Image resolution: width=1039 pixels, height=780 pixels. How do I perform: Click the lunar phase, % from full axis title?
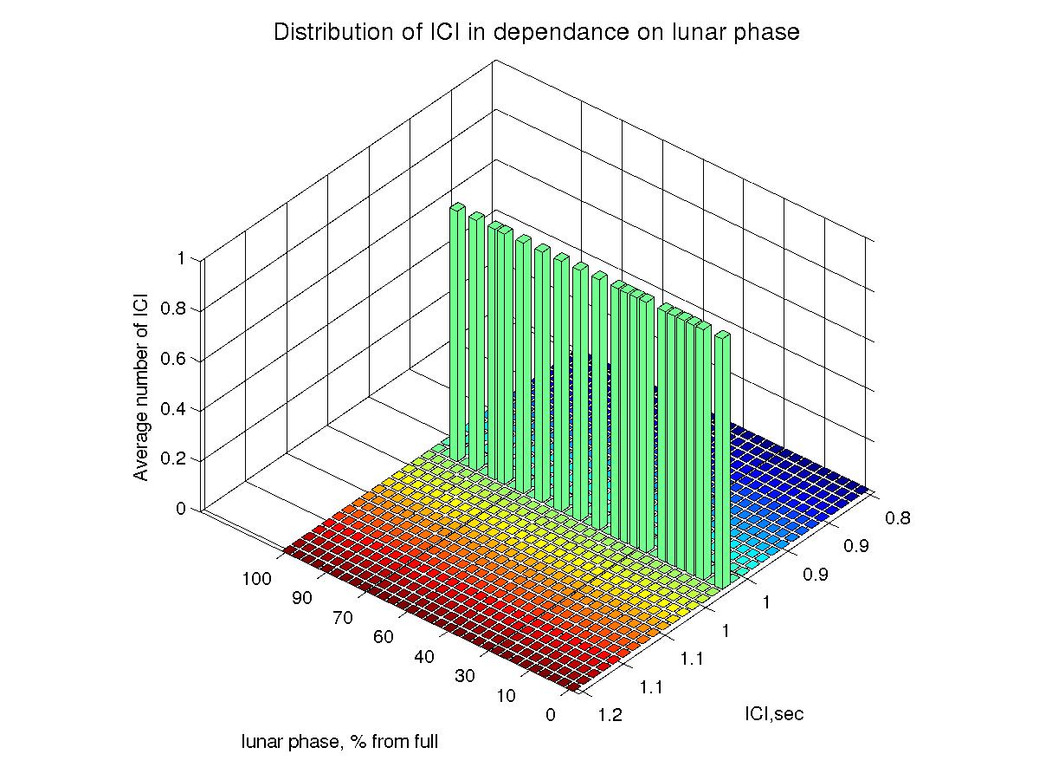340,742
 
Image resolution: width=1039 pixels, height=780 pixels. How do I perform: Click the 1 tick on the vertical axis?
181,258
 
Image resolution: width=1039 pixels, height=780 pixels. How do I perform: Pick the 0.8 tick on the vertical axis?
176,309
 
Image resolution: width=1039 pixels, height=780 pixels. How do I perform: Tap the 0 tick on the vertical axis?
181,509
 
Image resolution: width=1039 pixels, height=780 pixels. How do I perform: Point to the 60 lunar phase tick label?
384,637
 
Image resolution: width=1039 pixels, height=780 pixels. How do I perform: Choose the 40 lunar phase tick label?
424,657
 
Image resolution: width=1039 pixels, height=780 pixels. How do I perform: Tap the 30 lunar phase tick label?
465,677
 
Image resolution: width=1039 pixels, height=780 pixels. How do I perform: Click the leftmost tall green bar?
458,329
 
